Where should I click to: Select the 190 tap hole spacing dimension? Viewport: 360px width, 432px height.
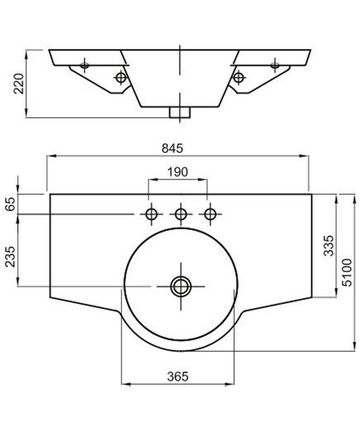(x=177, y=172)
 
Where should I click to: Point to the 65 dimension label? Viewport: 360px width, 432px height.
(x=10, y=205)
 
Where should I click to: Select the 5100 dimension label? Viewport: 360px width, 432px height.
(x=347, y=272)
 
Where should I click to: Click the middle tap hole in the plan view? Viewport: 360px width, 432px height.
(x=180, y=214)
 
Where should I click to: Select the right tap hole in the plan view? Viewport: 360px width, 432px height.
(x=210, y=214)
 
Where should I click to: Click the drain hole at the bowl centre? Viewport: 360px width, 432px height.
(x=180, y=286)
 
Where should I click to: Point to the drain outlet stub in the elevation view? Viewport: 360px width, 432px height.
(x=180, y=112)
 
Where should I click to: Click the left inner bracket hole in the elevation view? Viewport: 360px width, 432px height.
(x=120, y=77)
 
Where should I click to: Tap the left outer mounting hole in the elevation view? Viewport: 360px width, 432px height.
(x=85, y=65)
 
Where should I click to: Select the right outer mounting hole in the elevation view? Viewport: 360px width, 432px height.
(x=275, y=65)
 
